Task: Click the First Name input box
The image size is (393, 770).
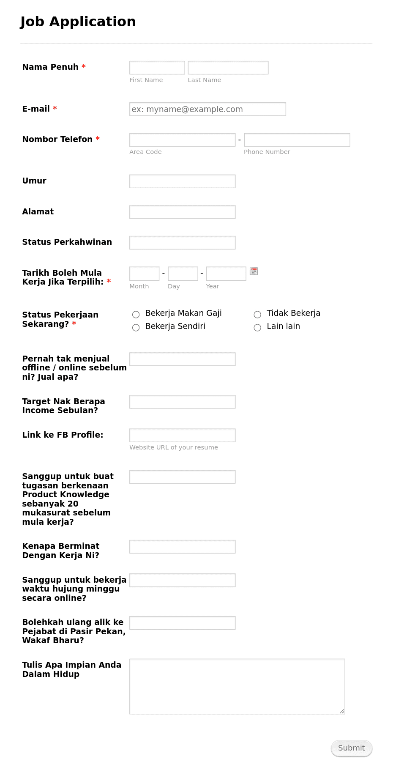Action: coord(157,68)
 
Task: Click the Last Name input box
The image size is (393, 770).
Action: coord(228,68)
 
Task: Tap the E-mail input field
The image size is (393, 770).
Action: coord(207,109)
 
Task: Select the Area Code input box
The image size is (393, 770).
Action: coord(182,140)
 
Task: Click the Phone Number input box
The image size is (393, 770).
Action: coord(297,140)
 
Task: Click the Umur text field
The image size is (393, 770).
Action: coord(182,181)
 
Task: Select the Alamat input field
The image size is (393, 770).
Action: coord(182,212)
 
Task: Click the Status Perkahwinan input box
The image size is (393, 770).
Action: coord(182,243)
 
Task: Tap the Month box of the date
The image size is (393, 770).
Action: coord(144,274)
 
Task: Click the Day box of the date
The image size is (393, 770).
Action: coord(183,274)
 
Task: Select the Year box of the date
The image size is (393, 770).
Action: coord(226,274)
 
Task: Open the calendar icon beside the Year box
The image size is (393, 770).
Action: coord(254,271)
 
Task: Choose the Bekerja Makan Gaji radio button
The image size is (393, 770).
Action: coord(136,315)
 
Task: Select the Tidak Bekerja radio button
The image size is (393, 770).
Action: coord(257,315)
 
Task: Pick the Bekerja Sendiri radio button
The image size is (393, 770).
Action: coord(136,328)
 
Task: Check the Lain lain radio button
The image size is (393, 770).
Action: coord(257,328)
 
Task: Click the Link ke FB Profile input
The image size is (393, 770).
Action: coord(182,436)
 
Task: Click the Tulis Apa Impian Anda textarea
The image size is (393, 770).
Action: coord(237,686)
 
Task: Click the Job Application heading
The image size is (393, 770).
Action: coord(78,22)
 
